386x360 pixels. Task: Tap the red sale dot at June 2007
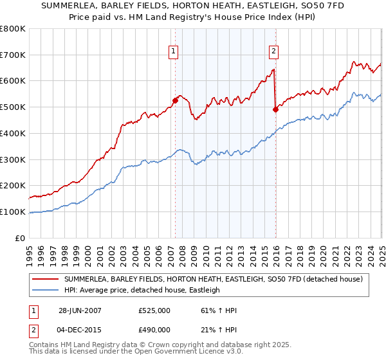click(175, 100)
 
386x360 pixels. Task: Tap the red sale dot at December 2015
click(275, 109)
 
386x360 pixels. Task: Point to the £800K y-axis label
click(13, 29)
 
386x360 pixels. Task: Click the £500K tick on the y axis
click(13, 107)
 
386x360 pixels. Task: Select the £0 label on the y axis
click(21, 238)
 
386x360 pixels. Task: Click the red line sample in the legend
click(45, 279)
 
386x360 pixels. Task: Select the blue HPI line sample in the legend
click(45, 290)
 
